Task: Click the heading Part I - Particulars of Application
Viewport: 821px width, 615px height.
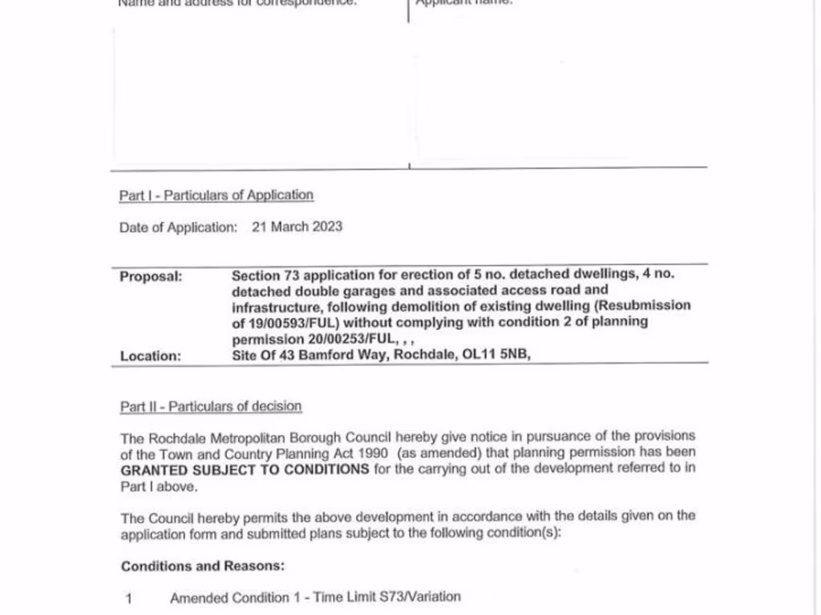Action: pos(216,195)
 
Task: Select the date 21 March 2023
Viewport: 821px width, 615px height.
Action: pos(297,227)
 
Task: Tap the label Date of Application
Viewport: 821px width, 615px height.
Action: pos(178,227)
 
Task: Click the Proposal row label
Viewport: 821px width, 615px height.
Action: pos(152,276)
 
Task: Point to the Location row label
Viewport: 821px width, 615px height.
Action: pos(151,356)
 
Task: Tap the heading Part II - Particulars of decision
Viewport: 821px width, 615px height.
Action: pos(211,407)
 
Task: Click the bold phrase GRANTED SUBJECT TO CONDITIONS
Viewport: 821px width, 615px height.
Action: pos(245,469)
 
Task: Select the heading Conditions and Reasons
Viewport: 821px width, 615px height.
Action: pos(203,566)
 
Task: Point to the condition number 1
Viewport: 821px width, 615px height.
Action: pos(128,598)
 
